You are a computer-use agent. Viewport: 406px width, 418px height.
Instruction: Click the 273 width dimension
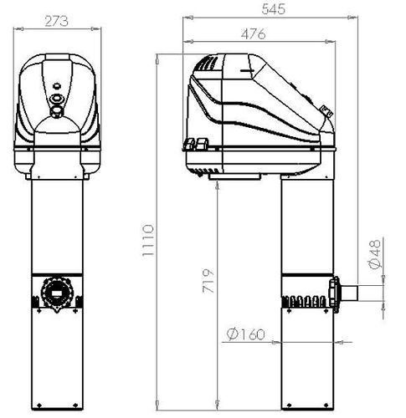tap(56, 21)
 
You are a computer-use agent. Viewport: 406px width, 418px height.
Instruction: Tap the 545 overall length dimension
tap(274, 8)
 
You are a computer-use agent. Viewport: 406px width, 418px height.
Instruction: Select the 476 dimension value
tap(254, 33)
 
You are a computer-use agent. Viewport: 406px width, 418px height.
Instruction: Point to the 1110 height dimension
tap(147, 241)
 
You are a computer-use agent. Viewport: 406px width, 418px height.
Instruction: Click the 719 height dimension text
tap(208, 281)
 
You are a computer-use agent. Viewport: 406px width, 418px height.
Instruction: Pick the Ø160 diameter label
tap(245, 334)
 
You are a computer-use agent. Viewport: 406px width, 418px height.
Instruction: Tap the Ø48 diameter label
tap(375, 254)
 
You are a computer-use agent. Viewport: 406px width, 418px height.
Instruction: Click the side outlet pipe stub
tap(349, 293)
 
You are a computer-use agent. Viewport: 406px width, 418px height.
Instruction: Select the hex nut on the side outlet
tap(334, 294)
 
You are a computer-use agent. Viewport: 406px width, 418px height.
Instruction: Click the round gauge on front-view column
tap(57, 293)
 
